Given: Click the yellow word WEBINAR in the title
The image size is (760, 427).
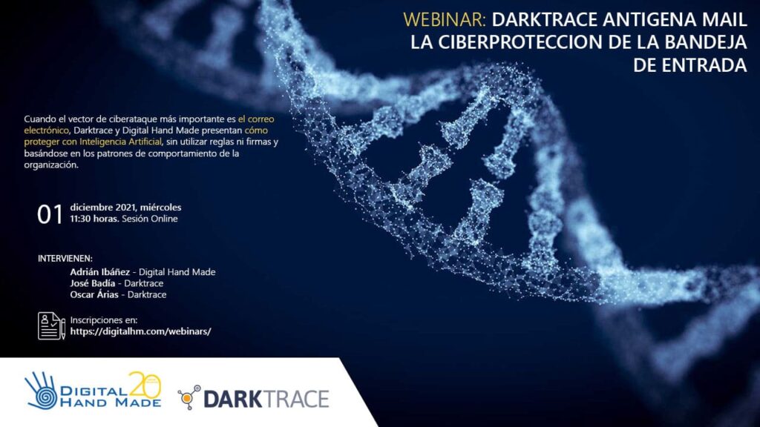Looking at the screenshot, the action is point(444,20).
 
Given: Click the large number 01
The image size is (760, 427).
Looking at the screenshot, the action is point(50,214).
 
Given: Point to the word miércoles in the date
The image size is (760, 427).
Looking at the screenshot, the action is point(161,208).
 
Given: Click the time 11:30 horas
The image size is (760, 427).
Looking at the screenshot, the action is point(94,219).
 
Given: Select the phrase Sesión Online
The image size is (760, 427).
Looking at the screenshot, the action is point(150,219).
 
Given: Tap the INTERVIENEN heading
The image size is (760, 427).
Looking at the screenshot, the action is point(65,259).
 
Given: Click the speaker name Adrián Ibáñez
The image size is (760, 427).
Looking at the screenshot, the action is point(100,272).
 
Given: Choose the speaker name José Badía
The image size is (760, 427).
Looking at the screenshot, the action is point(93,283).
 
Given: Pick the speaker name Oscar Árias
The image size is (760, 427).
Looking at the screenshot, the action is point(94,294).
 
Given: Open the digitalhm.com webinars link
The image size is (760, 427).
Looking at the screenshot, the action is point(140,331).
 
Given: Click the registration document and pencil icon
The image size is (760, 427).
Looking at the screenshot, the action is point(51,326).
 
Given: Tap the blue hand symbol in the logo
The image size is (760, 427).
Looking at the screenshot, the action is point(42,390).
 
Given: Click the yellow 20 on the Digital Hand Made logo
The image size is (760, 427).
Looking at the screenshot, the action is point(145,386).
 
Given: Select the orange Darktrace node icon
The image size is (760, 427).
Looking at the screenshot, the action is point(189,397).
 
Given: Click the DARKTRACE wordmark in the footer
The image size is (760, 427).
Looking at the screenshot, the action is point(266,400).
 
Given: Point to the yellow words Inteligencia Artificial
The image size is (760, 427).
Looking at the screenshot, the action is point(120,142).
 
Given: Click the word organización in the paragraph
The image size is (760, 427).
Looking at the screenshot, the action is point(51,165).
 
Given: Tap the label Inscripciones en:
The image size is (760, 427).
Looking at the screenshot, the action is point(104,320).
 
